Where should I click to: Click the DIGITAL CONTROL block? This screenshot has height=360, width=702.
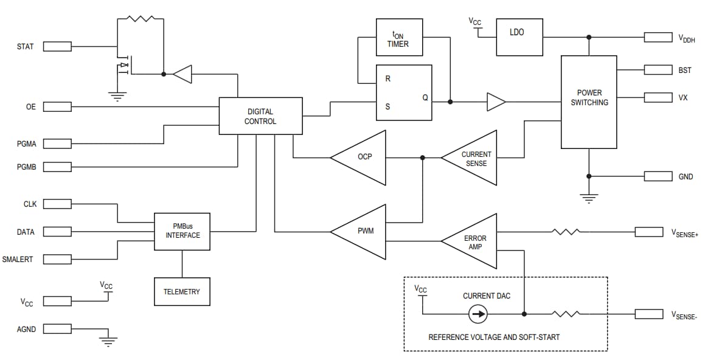coord(260,116)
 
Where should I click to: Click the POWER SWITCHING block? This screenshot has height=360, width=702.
coord(588,102)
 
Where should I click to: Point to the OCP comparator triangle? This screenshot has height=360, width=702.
coord(363,157)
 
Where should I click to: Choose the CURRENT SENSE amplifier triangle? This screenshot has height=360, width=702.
coord(473,158)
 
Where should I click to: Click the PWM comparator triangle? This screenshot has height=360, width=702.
coord(363,232)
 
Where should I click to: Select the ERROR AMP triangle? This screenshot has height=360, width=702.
coord(473,241)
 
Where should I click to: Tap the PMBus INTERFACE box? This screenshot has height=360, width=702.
coord(182,231)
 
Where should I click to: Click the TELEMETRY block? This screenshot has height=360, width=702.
coord(181,291)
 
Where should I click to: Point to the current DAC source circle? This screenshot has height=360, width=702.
coord(478,314)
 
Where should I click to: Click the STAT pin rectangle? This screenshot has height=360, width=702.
coord(58,46)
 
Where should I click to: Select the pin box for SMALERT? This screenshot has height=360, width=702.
coord(58,259)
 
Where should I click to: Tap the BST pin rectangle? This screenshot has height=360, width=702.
coord(658,70)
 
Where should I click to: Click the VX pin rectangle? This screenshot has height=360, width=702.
coord(658,97)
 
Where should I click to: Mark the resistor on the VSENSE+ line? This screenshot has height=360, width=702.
coord(565,232)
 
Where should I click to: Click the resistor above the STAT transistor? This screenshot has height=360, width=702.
coord(141,19)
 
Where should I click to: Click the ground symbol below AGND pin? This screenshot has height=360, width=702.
coord(109,342)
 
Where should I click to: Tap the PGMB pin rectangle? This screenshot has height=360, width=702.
coord(58,166)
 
